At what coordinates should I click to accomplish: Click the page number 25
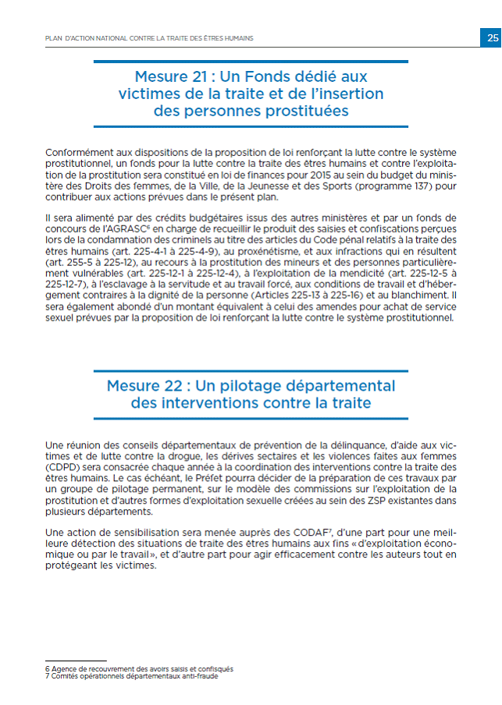point(491,37)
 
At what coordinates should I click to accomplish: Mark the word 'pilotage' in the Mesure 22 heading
point(267,386)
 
